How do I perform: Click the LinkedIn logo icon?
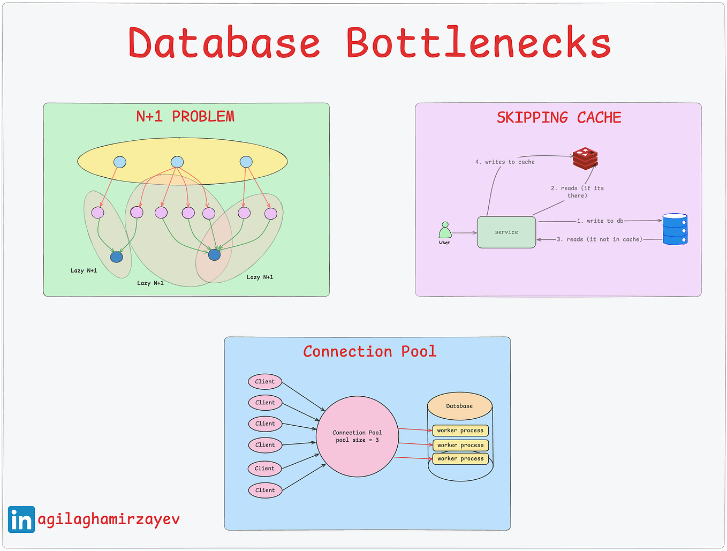pos(21,519)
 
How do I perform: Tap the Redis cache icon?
pos(585,158)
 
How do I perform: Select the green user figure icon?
pos(445,231)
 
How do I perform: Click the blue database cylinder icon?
pos(675,229)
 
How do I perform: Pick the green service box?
pos(506,232)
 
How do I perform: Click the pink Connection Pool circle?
pos(357,436)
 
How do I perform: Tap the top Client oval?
pos(265,382)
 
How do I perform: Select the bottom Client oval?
pos(265,490)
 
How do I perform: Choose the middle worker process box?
pos(460,445)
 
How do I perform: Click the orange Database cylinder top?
pos(459,406)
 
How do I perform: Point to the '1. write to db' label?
pos(600,221)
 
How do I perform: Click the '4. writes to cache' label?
pos(505,162)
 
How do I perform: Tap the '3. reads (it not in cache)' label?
pos(599,239)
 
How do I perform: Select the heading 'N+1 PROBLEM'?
pos(185,117)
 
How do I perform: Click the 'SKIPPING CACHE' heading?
pos(559,118)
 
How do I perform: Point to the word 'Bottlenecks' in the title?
pos(479,43)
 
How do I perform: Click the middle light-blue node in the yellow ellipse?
pos(177,162)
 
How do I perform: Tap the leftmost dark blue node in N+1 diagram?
pos(116,257)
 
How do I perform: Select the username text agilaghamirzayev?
pos(109,519)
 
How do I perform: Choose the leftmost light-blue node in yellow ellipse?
pos(120,162)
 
